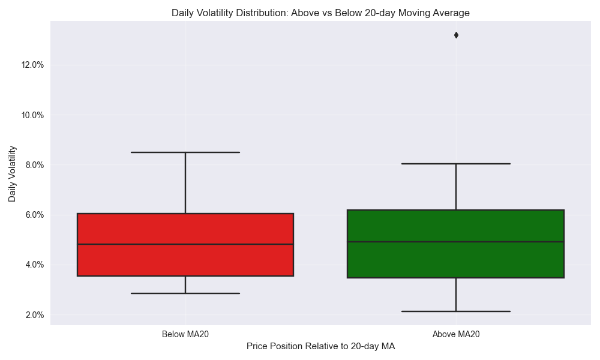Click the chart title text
[320, 13]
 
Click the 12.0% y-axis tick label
[32, 65]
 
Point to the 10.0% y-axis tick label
[32, 115]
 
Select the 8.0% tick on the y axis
[34, 165]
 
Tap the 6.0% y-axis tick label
[34, 215]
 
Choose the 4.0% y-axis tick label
[34, 265]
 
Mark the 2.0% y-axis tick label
[34, 315]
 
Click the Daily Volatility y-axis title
[13, 173]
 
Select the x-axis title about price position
[320, 346]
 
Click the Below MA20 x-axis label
[185, 334]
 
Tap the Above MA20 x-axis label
[456, 334]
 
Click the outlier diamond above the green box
[456, 35]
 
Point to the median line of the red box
[185, 244]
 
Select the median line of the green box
[456, 242]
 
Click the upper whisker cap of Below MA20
[185, 152]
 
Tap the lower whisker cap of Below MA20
[185, 293]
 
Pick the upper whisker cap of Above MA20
[456, 163]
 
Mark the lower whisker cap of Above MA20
[456, 311]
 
